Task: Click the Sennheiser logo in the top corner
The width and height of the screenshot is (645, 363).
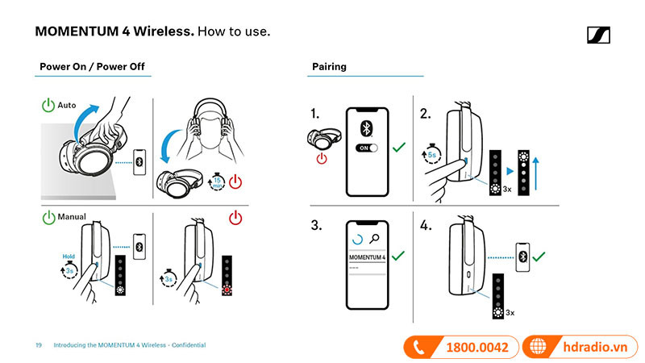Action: click(598, 35)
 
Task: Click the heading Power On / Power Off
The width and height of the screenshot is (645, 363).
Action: click(92, 66)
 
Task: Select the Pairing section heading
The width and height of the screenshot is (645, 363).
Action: click(329, 66)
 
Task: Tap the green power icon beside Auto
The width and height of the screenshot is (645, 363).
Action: click(48, 106)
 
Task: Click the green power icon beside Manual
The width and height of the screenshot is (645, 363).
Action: click(48, 217)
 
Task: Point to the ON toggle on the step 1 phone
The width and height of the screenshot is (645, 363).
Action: click(367, 148)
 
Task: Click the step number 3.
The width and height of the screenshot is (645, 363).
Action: click(317, 226)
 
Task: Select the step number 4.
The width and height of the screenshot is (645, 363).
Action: click(426, 226)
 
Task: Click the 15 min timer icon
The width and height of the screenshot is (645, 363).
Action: click(216, 182)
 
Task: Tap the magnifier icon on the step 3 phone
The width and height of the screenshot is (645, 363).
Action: click(374, 239)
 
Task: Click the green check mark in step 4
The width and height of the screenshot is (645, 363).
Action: click(540, 256)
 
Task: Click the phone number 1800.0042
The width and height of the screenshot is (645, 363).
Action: click(476, 347)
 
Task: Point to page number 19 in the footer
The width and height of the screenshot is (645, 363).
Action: click(39, 345)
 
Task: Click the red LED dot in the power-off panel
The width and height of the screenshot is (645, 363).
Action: click(228, 291)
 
